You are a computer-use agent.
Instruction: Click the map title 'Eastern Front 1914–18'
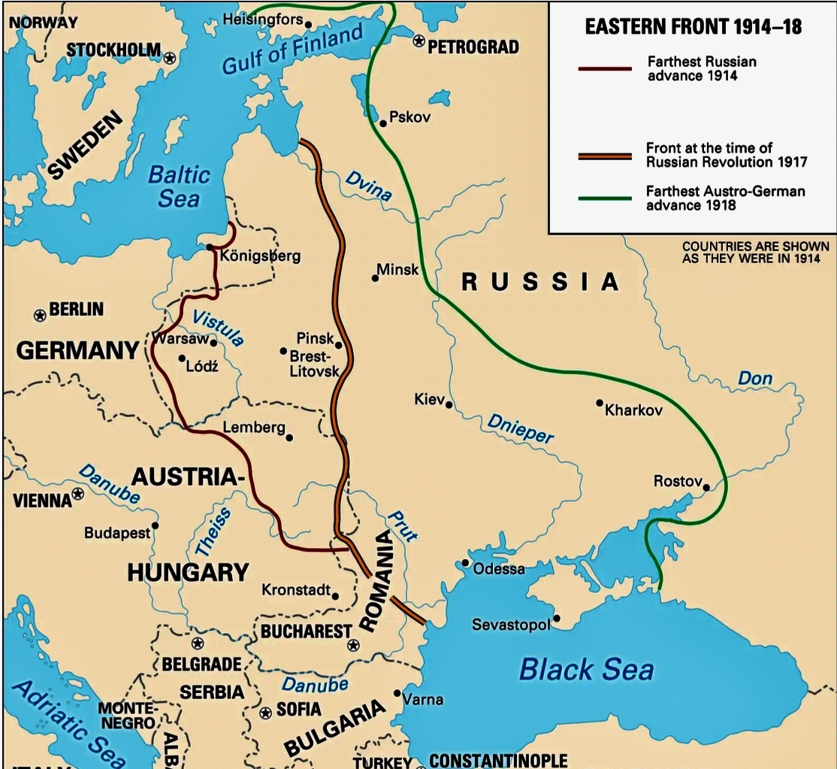693,28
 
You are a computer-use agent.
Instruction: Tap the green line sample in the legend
604,198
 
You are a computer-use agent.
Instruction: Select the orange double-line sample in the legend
604,156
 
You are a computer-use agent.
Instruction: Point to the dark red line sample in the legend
604,69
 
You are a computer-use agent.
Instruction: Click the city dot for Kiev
449,404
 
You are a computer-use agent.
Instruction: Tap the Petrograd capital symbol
418,40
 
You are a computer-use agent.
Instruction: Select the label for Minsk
397,269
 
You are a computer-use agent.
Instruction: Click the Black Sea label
587,668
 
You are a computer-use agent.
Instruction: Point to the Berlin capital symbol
40,315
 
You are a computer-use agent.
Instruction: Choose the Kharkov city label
633,410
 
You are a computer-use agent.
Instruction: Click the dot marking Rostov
706,487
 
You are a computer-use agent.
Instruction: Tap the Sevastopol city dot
557,620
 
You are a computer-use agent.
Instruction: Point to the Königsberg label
260,256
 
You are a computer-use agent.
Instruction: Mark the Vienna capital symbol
77,495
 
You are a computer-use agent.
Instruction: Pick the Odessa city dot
466,562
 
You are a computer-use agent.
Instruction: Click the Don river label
755,378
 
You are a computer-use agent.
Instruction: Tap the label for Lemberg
253,427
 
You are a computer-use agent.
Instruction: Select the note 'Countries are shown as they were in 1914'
755,253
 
